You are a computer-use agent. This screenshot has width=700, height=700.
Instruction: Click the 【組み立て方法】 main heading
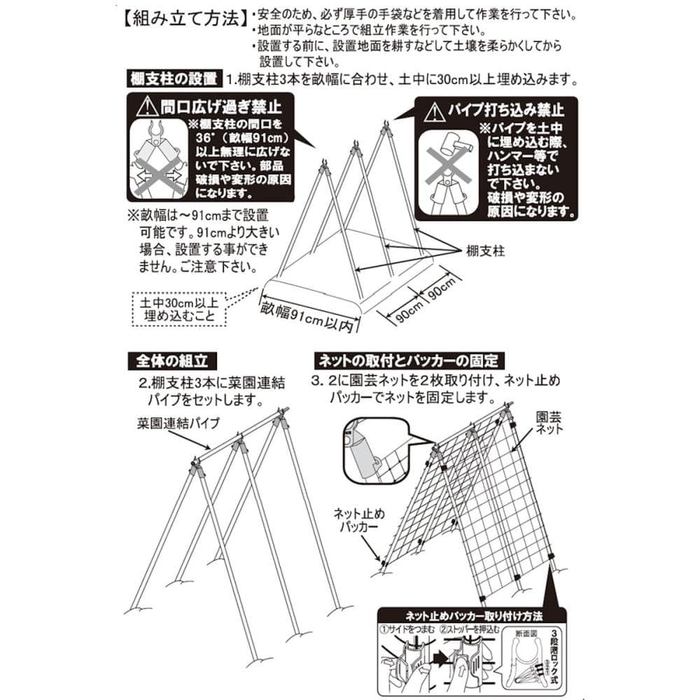[181, 17]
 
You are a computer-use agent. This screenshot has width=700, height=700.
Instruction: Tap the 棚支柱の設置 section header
[173, 78]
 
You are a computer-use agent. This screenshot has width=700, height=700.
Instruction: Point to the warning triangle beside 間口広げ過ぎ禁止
[147, 108]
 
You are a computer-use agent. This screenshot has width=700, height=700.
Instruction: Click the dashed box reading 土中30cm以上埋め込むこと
[180, 309]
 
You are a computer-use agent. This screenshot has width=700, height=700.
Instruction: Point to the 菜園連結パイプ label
[178, 423]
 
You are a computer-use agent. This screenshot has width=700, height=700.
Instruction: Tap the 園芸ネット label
[549, 422]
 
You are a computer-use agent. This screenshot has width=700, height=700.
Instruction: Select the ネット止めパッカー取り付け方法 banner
[474, 617]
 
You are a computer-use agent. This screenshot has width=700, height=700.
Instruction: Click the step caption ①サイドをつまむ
[409, 629]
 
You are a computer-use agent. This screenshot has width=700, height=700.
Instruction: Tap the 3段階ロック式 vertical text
[551, 654]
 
